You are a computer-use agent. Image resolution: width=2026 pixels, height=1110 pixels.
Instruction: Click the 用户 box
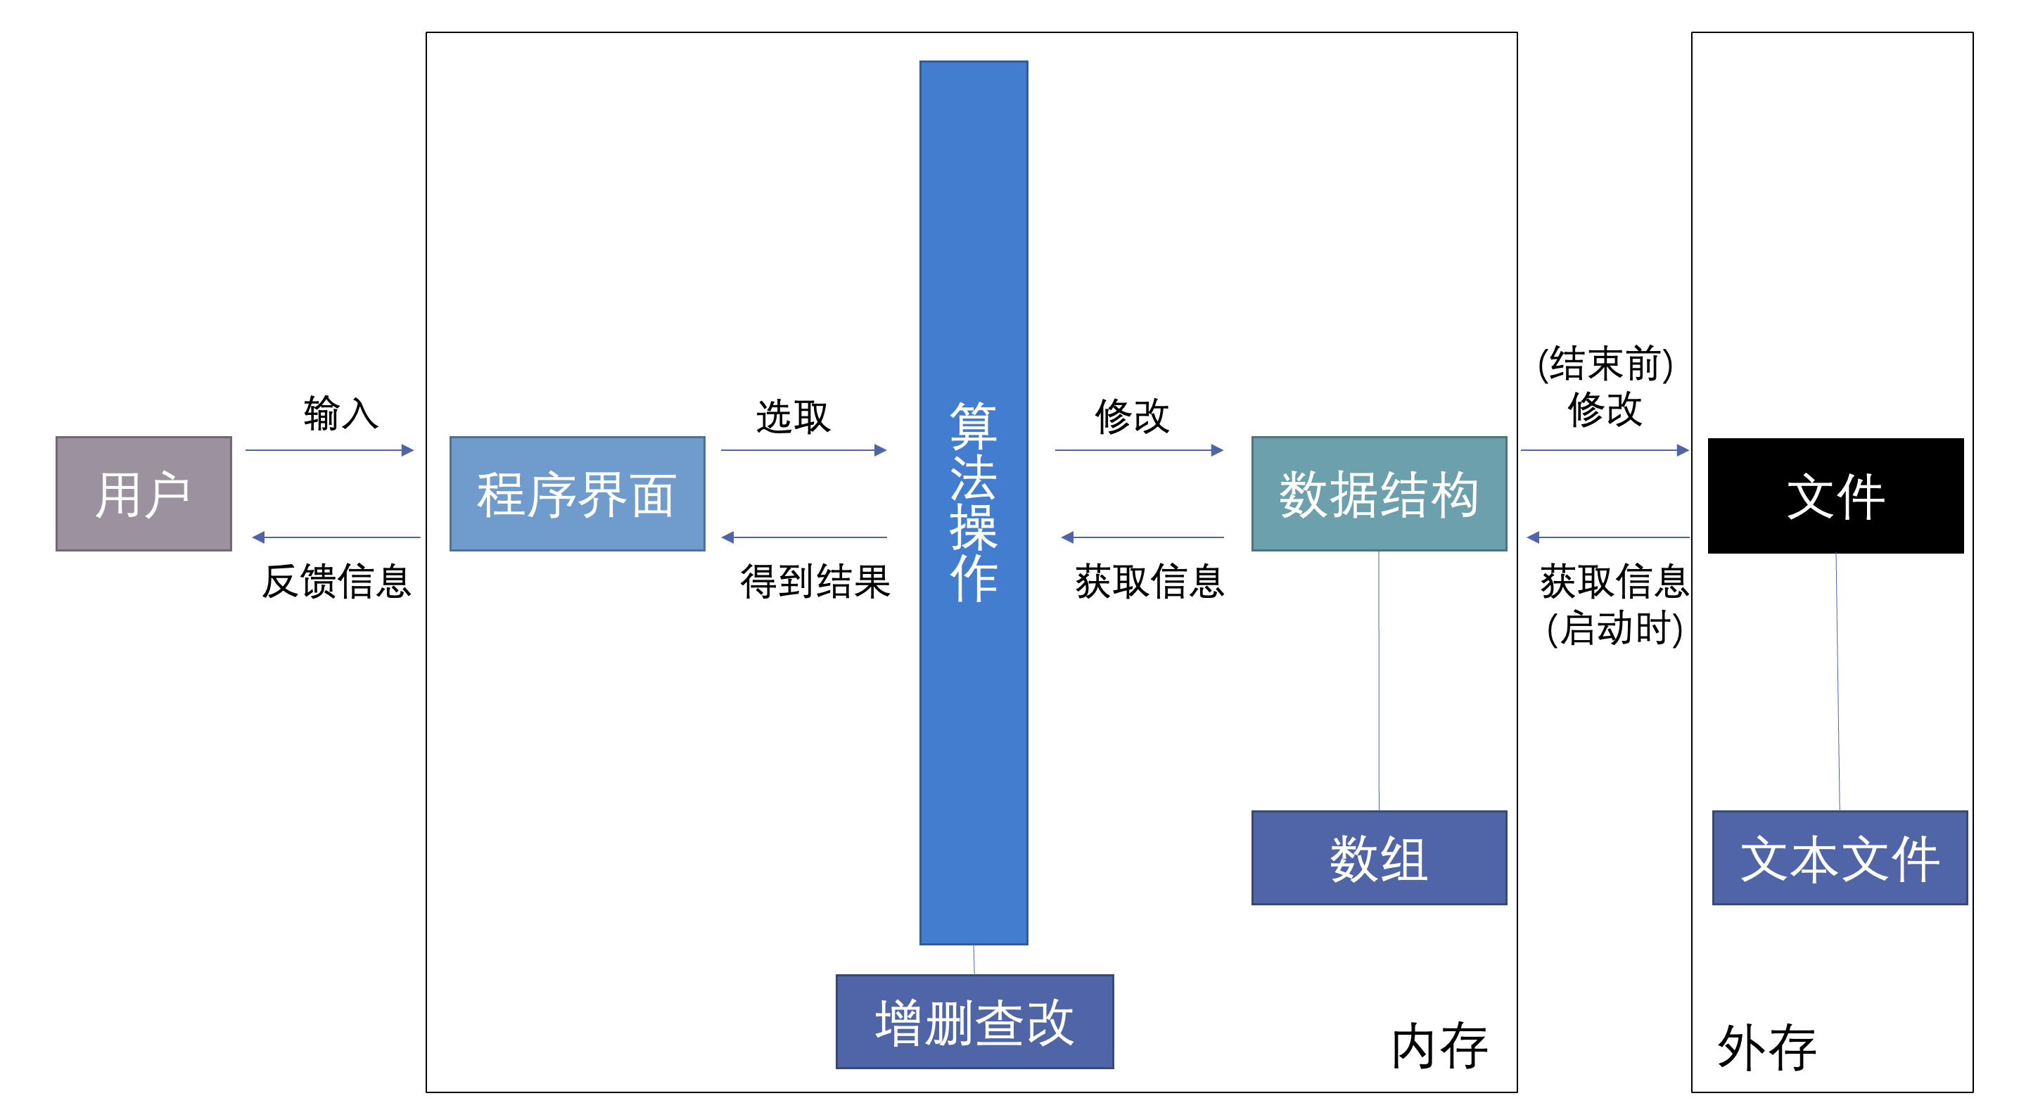point(143,493)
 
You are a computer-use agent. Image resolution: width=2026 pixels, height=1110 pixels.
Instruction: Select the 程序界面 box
point(577,493)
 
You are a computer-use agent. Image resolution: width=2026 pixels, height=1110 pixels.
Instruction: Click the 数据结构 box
point(1378,493)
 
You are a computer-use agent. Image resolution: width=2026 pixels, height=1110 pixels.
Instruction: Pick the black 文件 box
point(1835,496)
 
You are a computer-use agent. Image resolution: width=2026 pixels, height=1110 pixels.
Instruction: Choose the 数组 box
point(1378,857)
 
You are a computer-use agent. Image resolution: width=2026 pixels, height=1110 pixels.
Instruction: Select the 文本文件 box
point(1839,857)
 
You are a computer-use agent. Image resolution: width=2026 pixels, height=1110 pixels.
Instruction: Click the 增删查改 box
point(974,1021)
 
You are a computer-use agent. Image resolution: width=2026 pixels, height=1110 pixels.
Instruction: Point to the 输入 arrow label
point(340,413)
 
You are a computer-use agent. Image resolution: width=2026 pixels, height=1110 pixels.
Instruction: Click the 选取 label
point(793,416)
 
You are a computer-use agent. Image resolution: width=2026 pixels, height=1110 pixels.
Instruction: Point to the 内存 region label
point(1439,1046)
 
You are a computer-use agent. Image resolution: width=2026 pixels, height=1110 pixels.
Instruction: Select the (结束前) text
point(1605,364)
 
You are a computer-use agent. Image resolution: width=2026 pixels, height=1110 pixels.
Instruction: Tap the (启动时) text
point(1614,629)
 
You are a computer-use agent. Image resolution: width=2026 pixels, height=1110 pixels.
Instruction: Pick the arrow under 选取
point(803,450)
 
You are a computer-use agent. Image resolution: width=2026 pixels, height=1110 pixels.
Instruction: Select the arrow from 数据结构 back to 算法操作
point(1142,537)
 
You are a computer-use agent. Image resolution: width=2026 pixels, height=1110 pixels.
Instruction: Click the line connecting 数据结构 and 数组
point(1378,680)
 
